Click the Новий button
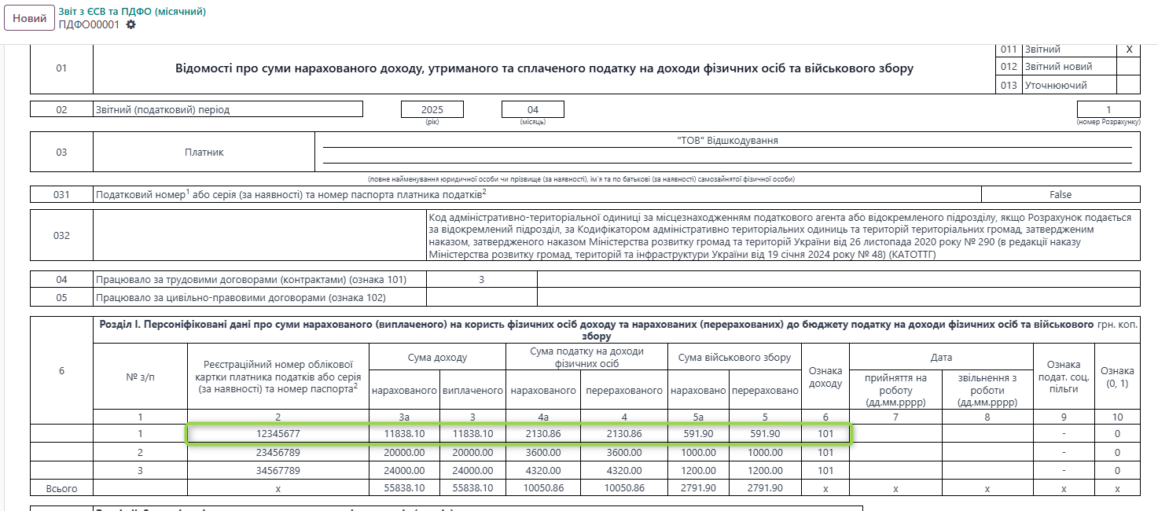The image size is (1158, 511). click(29, 18)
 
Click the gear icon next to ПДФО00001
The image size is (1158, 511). click(131, 24)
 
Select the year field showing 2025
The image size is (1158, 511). click(432, 109)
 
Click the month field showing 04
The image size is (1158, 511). click(533, 109)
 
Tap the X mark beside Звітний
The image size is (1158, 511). click(1129, 50)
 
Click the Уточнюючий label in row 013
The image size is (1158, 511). click(1055, 85)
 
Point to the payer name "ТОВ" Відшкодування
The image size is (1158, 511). click(727, 141)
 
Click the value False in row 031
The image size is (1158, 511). click(1061, 194)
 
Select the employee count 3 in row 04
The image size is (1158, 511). click(481, 279)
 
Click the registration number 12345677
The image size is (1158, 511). click(278, 433)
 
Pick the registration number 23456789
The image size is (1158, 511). click(278, 452)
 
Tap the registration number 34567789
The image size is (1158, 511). click(278, 470)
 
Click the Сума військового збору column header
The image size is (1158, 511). click(734, 357)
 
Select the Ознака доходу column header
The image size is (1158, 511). click(825, 377)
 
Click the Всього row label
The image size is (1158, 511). click(61, 488)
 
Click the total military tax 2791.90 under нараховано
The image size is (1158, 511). click(698, 488)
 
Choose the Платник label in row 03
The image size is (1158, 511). click(204, 152)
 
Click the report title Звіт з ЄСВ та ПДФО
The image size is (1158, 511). click(132, 11)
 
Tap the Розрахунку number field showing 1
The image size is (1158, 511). click(1108, 109)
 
